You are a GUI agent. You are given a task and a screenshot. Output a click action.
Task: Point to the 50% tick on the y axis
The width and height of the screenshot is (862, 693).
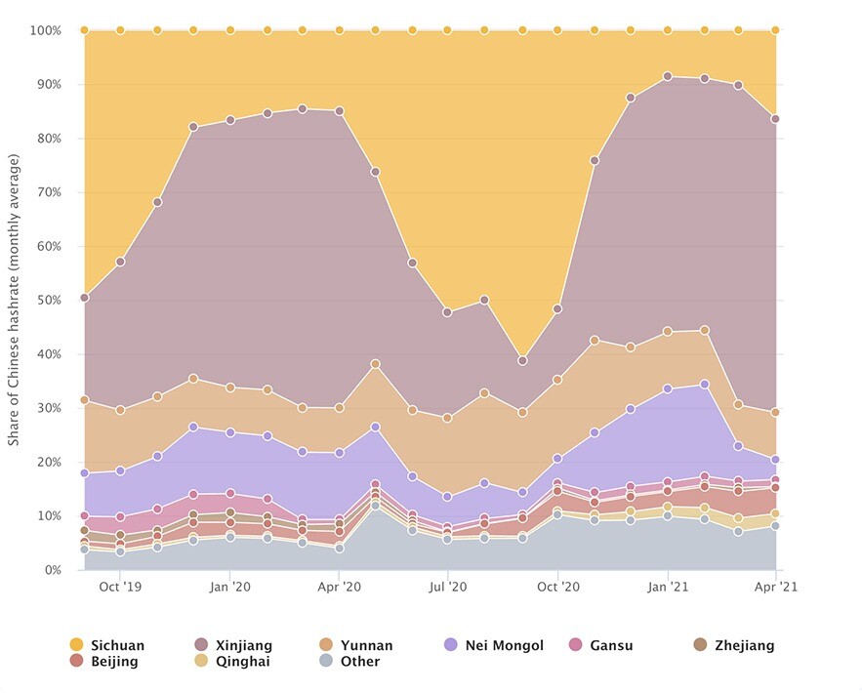pos(47,300)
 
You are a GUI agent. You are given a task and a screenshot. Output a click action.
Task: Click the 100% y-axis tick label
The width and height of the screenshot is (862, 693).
pos(45,30)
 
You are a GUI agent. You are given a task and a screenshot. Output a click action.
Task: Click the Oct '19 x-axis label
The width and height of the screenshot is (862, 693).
pos(120,588)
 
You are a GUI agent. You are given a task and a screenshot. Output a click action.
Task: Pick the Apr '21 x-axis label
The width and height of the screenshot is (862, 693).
pos(775,588)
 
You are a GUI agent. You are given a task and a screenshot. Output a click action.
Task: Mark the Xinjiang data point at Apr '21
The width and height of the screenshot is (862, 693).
pos(775,119)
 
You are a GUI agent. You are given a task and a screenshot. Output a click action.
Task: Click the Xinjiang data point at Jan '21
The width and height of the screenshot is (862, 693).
pos(667,76)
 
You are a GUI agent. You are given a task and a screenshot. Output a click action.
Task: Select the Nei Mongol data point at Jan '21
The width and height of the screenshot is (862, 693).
pos(667,388)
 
